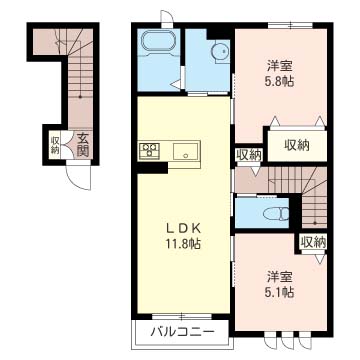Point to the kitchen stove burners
(x=150, y=151)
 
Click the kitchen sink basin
(x=186, y=152)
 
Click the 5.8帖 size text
(x=279, y=83)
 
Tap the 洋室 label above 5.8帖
(x=279, y=66)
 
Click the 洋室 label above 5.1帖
(x=280, y=274)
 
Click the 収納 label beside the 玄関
(x=55, y=145)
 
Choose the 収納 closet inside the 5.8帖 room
(x=297, y=146)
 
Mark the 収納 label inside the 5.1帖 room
(x=310, y=241)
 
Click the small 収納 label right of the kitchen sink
(x=248, y=154)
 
